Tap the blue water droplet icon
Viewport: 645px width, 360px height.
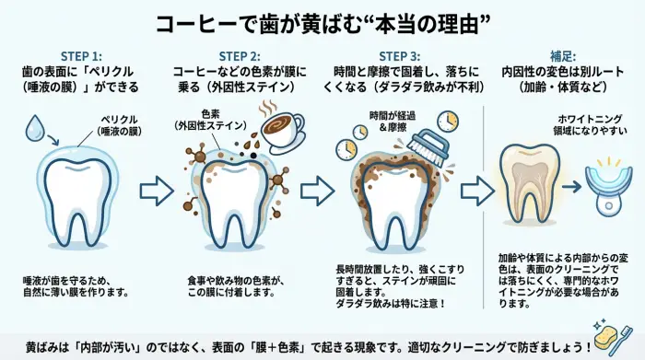pyautogui.click(x=34, y=130)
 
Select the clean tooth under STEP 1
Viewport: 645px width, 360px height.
pyautogui.click(x=80, y=198)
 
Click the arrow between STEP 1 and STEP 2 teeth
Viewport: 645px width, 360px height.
pyautogui.click(x=154, y=191)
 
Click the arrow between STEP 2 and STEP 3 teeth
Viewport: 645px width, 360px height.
pyautogui.click(x=316, y=191)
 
